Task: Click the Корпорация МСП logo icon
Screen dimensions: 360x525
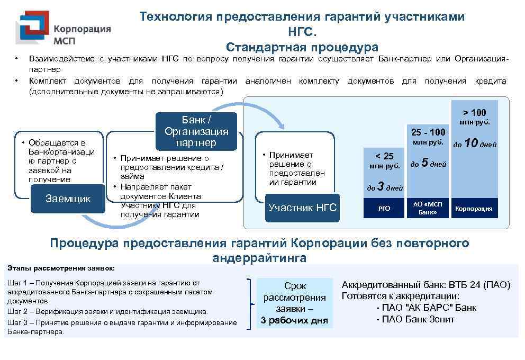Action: pos(33,28)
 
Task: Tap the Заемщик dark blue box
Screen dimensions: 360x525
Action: pos(68,199)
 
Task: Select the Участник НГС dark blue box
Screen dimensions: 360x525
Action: pos(302,207)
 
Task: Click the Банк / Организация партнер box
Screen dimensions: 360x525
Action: pos(196,131)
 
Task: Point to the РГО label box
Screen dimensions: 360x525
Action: pos(384,208)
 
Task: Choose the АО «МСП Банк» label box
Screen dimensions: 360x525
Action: pos(427,208)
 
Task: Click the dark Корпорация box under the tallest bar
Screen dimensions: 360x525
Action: pos(474,208)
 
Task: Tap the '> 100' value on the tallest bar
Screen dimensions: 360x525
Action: pos(474,112)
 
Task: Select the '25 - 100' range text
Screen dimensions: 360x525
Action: pos(428,132)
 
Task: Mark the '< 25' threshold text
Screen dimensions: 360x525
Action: pos(384,156)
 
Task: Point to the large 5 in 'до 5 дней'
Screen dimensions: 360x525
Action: pos(424,164)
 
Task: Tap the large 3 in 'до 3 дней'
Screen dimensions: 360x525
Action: pos(380,186)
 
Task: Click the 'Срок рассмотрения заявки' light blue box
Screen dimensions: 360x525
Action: pos(295,303)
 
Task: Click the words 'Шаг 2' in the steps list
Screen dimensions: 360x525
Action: pos(19,311)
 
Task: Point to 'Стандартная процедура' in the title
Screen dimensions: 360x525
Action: pos(302,47)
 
